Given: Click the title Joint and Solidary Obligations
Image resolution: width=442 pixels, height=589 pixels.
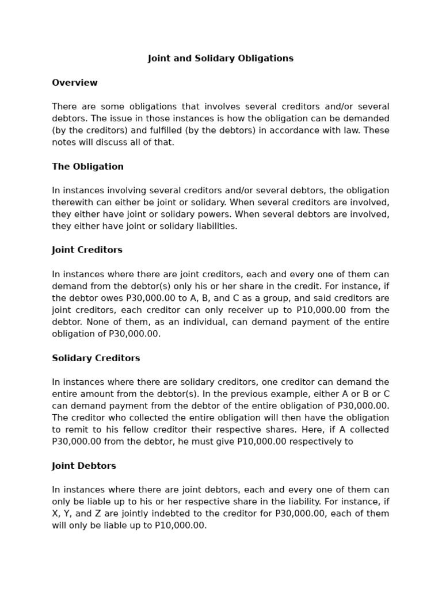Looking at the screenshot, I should tap(220, 59).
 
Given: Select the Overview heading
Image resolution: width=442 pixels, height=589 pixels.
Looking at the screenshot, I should tap(75, 83).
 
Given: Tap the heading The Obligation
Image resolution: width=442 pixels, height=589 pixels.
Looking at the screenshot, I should tap(87, 167).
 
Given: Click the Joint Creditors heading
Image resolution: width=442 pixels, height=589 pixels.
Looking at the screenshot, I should tap(87, 250).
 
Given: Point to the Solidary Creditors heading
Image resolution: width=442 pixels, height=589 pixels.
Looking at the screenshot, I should tap(96, 358).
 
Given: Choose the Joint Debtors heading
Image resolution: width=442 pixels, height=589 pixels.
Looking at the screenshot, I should tap(84, 466).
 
